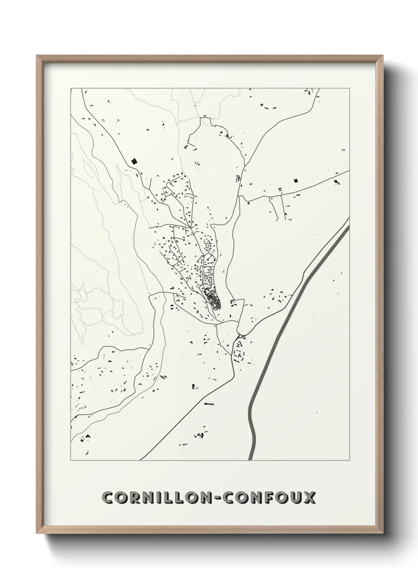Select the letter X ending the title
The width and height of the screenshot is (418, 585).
point(309,497)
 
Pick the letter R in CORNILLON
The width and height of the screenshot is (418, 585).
point(132,497)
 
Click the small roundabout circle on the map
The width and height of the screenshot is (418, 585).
point(240,336)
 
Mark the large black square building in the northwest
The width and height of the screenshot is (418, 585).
point(134,161)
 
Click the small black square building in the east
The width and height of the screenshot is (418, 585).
point(295,181)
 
